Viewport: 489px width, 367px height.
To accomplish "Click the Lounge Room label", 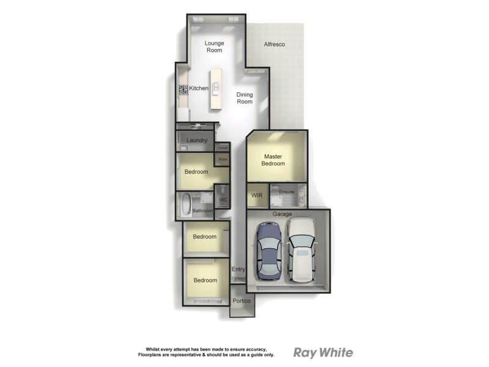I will click(213, 46).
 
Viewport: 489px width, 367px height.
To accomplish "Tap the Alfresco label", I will click(274, 45).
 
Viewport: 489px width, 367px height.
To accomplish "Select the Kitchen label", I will click(199, 89).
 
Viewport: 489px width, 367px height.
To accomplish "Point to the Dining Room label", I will click(244, 98).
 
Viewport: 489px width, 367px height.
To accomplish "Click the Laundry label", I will click(197, 141).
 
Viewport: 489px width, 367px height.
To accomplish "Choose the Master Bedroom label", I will click(273, 160).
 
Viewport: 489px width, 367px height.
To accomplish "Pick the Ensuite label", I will click(287, 193).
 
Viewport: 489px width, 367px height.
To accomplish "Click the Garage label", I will click(282, 214).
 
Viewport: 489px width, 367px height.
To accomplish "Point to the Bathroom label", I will click(202, 211).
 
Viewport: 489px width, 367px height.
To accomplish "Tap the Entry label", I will click(238, 269).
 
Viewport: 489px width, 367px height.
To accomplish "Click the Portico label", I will click(241, 302).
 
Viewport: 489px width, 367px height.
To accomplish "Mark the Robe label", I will click(222, 160).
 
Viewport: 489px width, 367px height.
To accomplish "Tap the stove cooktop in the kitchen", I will click(183, 89).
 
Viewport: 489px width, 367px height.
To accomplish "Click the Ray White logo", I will click(323, 352).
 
